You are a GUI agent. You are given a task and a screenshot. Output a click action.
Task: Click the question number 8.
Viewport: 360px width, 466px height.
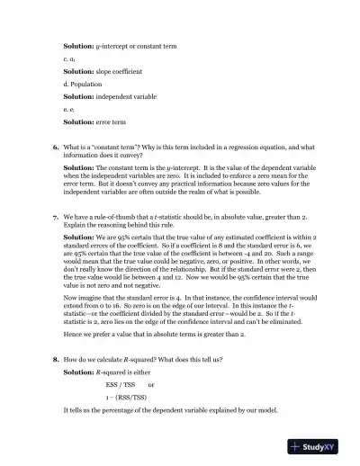click(56, 358)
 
